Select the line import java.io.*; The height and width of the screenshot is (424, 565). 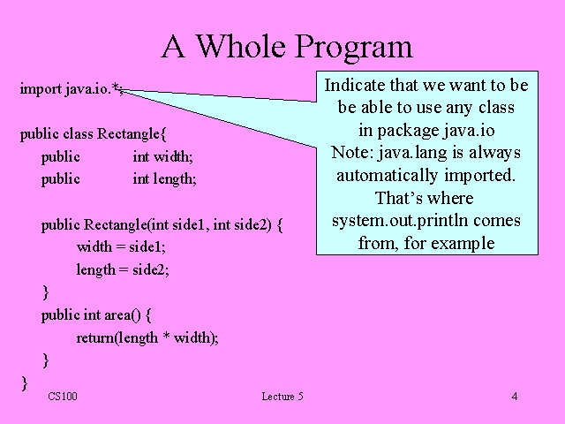pos(72,89)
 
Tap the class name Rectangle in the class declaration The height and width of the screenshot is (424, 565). pos(128,134)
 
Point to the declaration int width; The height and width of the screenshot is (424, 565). pos(162,156)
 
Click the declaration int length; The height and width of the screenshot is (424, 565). pos(164,178)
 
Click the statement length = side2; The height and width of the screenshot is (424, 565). pos(123,269)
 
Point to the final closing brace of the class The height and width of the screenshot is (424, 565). pos(25,382)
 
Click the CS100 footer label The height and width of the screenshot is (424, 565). pos(63,397)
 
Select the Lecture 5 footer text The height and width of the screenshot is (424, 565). pos(282,397)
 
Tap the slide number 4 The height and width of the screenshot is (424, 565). pos(515,397)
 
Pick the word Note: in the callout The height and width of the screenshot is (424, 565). pos(352,152)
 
